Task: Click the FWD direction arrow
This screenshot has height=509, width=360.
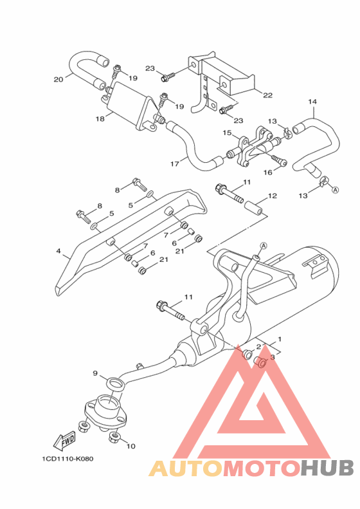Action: (65, 441)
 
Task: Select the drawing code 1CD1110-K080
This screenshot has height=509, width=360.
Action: (67, 459)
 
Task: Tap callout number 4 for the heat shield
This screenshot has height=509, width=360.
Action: (59, 251)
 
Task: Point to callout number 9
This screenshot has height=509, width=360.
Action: (95, 373)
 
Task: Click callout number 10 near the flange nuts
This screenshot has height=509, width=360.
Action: (130, 447)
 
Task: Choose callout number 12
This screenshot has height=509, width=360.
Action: (273, 196)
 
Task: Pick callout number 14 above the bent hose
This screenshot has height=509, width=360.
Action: (312, 102)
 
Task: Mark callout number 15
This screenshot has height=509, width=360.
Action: (227, 133)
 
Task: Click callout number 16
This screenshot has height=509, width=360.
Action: (268, 172)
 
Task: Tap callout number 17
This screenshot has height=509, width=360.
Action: (175, 164)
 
